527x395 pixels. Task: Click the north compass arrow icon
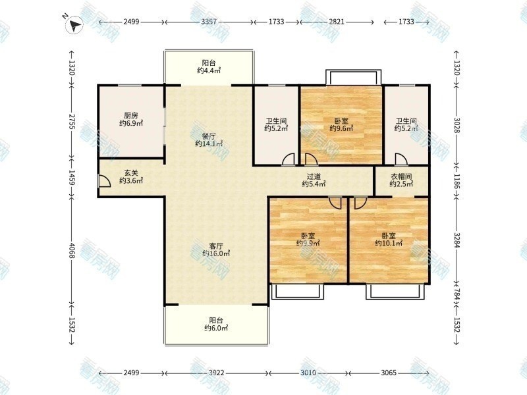(x=74, y=25)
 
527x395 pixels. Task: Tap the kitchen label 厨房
(x=131, y=116)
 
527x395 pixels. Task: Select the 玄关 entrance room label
(x=131, y=173)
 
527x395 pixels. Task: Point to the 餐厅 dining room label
(x=209, y=136)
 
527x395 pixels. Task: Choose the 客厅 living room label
(x=216, y=246)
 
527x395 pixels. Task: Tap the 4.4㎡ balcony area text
(x=209, y=70)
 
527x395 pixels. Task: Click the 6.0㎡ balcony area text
(x=216, y=328)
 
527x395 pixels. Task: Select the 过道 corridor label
(x=314, y=176)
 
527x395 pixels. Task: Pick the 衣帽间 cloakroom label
(x=401, y=176)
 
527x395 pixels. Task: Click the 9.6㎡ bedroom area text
(x=341, y=128)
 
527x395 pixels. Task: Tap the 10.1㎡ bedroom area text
(x=389, y=243)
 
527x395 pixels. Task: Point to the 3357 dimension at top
(x=209, y=22)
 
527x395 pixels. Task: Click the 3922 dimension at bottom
(x=217, y=373)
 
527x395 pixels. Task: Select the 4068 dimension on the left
(x=72, y=251)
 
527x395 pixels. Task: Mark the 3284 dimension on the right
(x=457, y=240)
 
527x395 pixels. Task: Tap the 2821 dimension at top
(x=337, y=22)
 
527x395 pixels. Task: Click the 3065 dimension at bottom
(x=389, y=373)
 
